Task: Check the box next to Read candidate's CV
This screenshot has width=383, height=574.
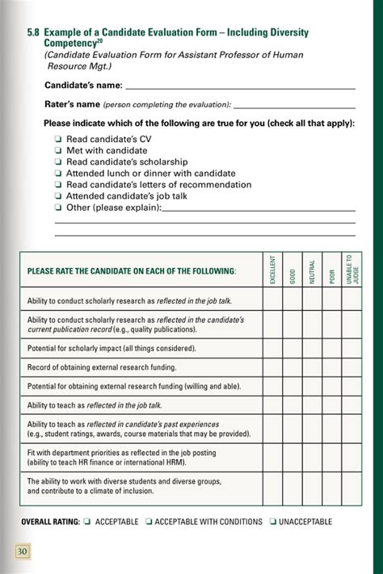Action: (59, 139)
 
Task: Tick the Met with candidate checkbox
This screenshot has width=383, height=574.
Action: (59, 150)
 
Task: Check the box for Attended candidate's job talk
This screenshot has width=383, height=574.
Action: (59, 195)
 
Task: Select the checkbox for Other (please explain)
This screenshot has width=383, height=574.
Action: (59, 207)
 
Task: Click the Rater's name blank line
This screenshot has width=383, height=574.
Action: (294, 105)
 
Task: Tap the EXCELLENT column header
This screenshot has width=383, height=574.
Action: (272, 270)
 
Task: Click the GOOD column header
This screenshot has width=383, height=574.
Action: (293, 270)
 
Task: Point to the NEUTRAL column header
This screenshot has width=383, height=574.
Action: (312, 270)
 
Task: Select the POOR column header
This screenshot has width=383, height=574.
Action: (331, 270)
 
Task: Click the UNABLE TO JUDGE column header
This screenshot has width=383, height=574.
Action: (351, 270)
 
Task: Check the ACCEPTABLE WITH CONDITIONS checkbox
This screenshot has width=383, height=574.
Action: (149, 522)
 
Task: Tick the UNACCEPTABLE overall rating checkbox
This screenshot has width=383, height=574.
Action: (273, 522)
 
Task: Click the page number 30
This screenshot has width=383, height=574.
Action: (23, 551)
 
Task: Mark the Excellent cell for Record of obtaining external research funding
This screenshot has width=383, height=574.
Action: (272, 367)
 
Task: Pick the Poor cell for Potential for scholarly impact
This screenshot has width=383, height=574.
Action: (331, 349)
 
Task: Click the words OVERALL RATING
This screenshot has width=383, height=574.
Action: (50, 522)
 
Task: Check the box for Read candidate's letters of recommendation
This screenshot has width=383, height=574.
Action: (59, 184)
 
